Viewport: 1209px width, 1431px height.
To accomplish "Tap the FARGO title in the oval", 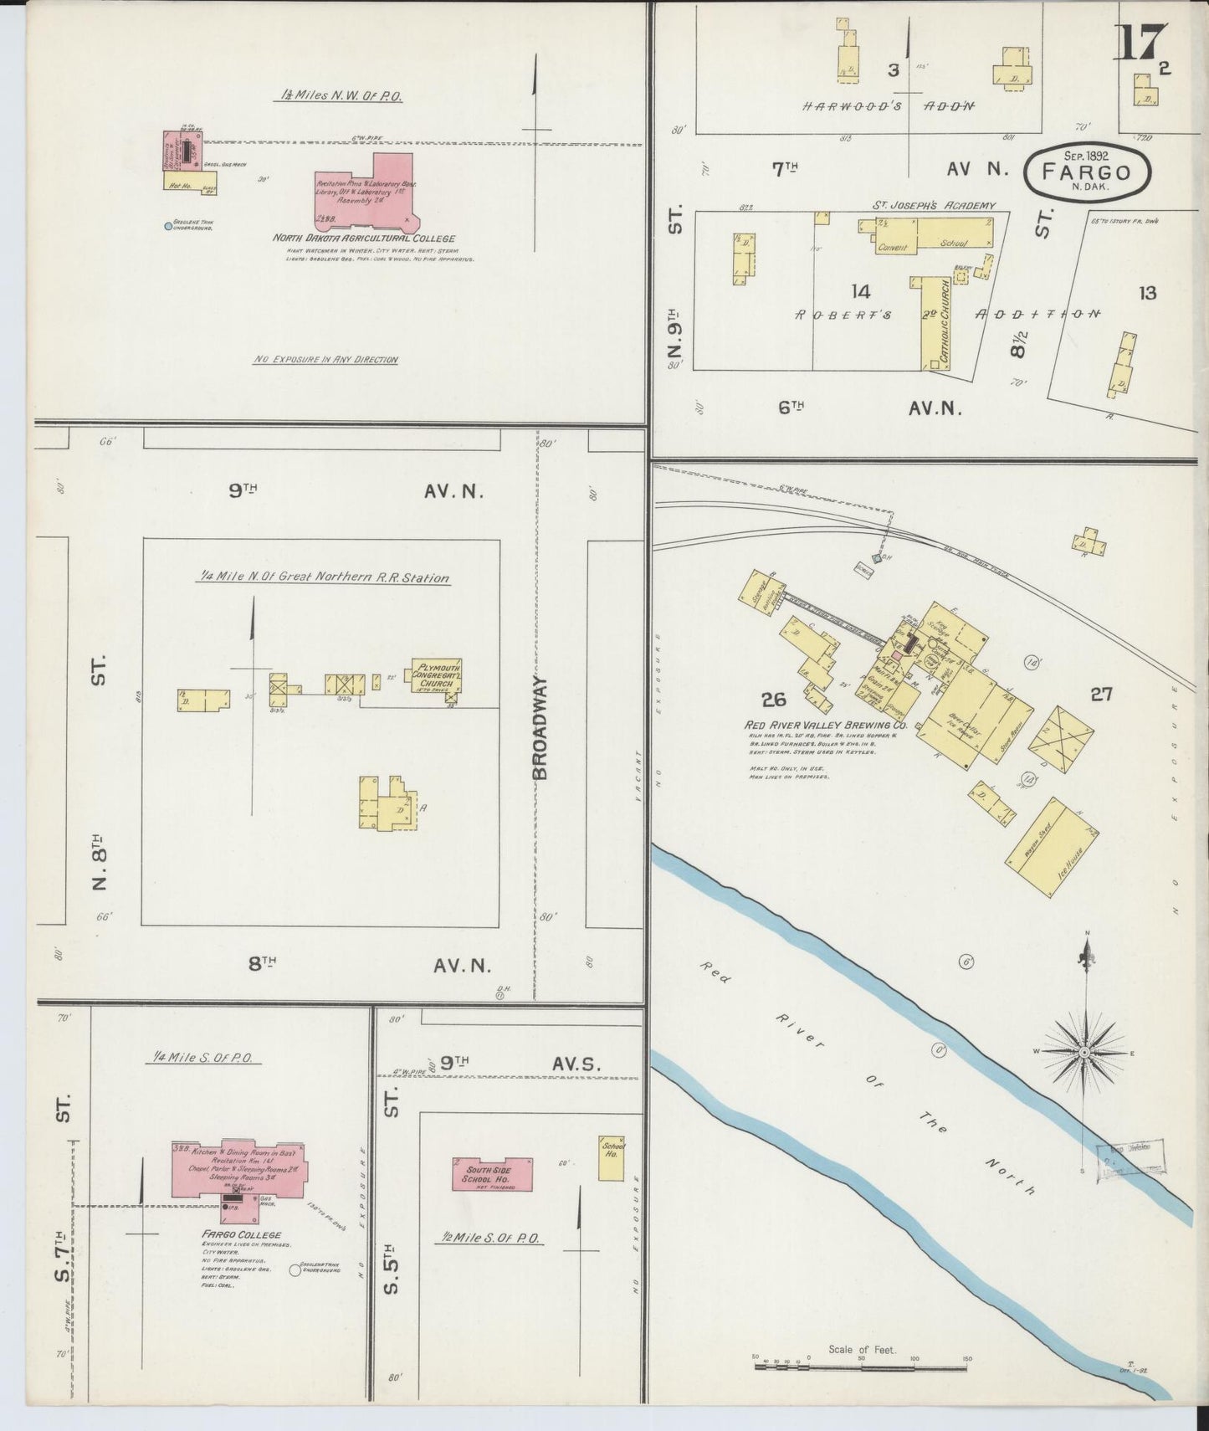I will coord(1087,173).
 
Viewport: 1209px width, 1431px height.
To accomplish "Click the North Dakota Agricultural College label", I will coord(363,238).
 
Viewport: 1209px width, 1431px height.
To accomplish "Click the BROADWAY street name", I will coord(540,728).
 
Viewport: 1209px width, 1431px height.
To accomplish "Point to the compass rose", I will coord(1085,1051).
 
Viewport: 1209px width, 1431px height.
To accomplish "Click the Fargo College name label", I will coord(241,1234).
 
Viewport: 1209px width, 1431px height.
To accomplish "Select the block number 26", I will coord(774,699).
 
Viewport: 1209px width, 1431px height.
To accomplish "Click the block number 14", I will coord(860,291).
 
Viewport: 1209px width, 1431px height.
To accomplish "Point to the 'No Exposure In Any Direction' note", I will coord(325,360).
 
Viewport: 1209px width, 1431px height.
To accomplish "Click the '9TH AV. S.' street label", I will coord(510,1063).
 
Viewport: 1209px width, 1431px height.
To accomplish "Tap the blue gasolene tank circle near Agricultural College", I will coord(168,226).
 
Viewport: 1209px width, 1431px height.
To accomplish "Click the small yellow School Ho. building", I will coord(612,1157).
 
